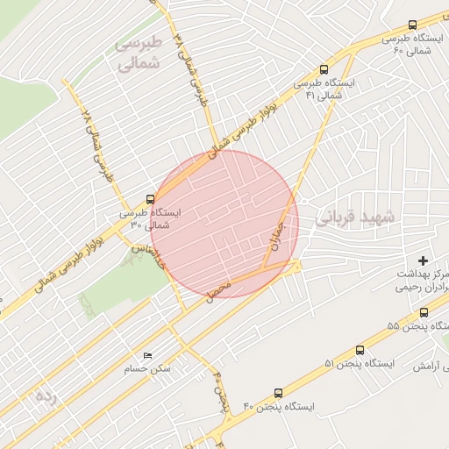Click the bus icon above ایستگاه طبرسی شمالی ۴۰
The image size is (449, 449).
pyautogui.click(x=412, y=25)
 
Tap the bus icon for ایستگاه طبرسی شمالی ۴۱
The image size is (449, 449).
pyautogui.click(x=325, y=69)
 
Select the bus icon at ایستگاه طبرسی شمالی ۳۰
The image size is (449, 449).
pyautogui.click(x=150, y=199)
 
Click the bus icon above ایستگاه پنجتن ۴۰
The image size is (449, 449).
pyautogui.click(x=278, y=394)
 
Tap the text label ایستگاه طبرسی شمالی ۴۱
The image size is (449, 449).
pyautogui.click(x=326, y=89)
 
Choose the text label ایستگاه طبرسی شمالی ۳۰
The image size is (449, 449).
pyautogui.click(x=150, y=218)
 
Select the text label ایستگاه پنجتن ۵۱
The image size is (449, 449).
pyautogui.click(x=360, y=363)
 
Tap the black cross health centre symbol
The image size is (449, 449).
pyautogui.click(x=424, y=260)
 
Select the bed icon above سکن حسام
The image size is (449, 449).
pyautogui.click(x=146, y=355)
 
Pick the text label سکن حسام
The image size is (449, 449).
pyautogui.click(x=147, y=369)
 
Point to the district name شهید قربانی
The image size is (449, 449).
pyautogui.click(x=356, y=216)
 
